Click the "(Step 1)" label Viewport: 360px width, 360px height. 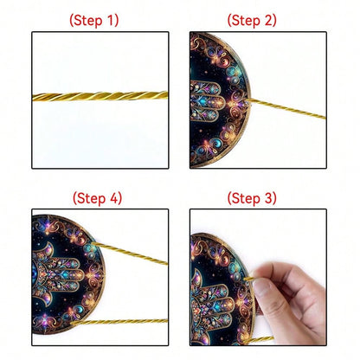(93, 21)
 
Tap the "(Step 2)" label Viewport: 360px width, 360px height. (252, 21)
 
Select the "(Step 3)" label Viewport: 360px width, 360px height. (252, 198)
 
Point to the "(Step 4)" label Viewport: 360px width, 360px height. (97, 198)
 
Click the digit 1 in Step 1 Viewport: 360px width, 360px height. (111, 20)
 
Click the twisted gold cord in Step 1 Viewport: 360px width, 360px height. (100, 96)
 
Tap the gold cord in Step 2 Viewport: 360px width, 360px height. (287, 108)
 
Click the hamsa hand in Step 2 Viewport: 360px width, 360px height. (208, 101)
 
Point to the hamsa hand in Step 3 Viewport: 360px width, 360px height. (213, 305)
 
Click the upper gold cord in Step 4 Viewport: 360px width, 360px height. (130, 253)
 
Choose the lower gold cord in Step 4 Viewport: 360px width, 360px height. (119, 322)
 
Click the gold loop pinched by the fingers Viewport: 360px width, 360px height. (249, 278)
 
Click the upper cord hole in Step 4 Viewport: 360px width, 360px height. (93, 245)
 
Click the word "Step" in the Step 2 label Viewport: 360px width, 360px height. (246, 21)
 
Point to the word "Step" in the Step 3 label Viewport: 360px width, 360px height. (246, 199)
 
